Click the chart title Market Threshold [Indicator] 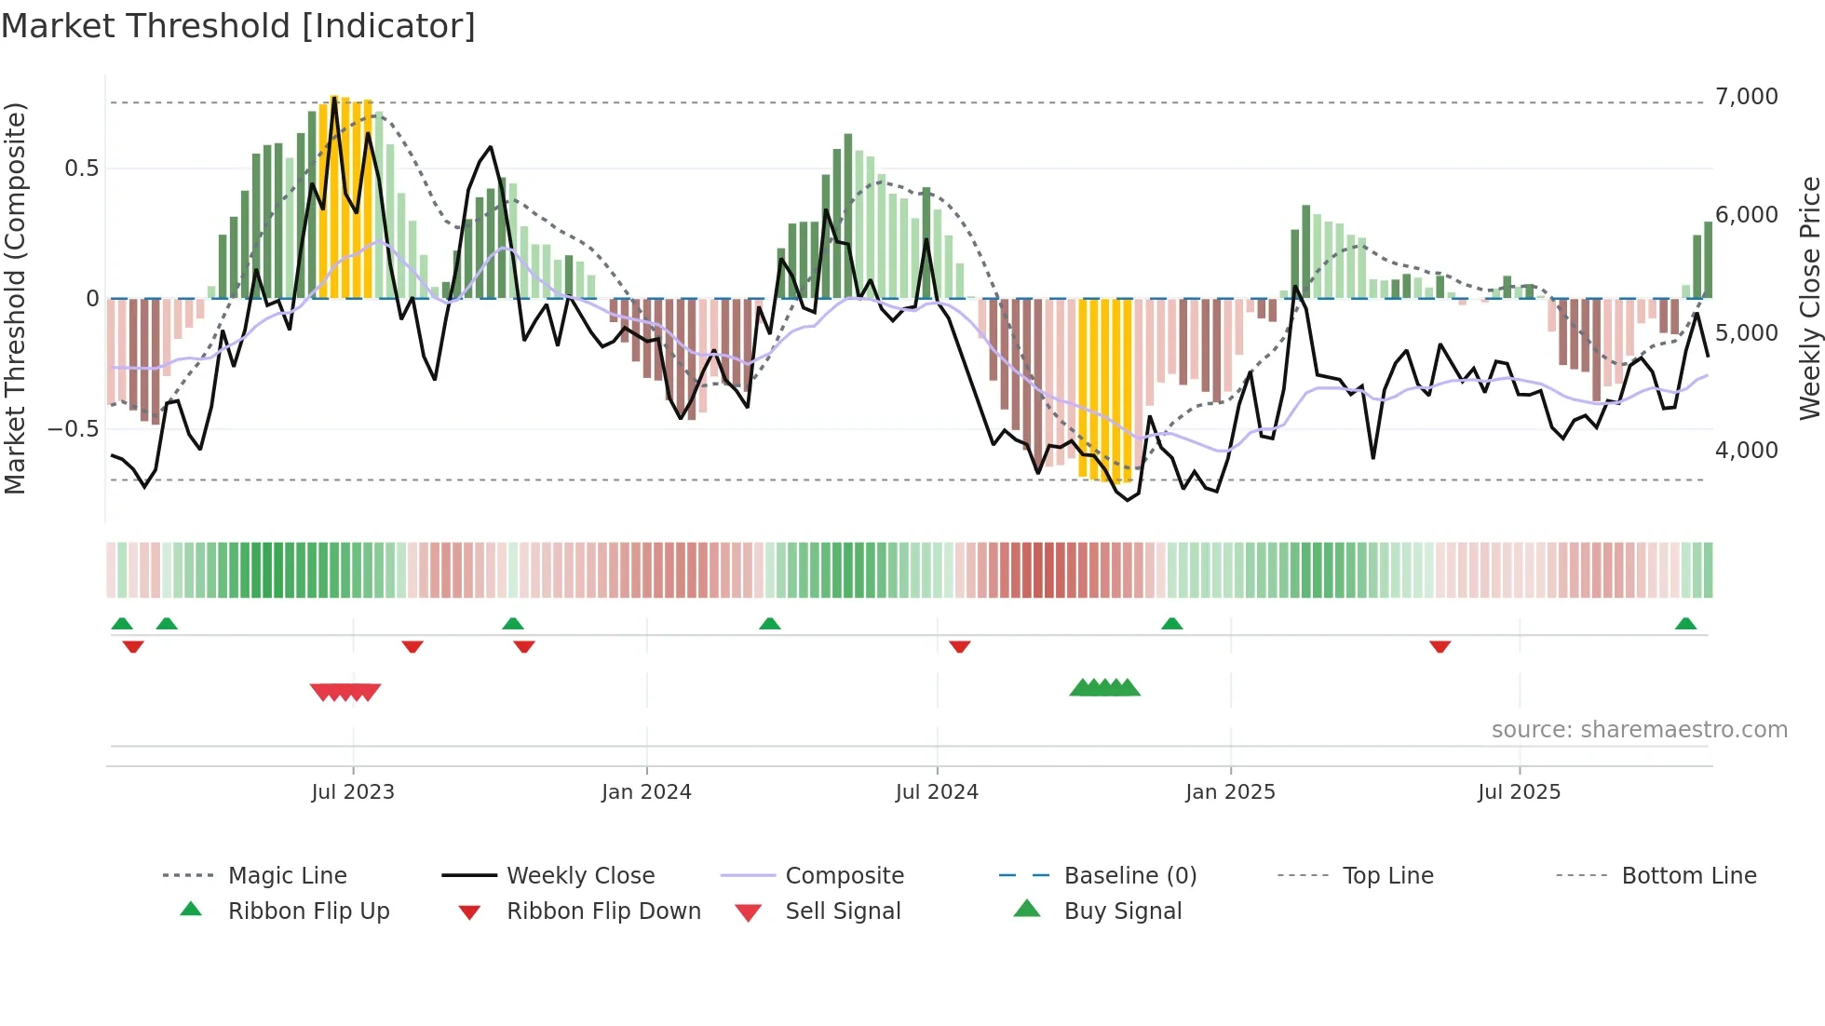pos(238,26)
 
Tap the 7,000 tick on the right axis pos(1746,97)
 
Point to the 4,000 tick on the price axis pos(1746,451)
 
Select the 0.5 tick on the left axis pos(81,169)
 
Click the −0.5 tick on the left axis pos(73,429)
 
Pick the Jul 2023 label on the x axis pos(353,792)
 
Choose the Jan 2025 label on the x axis pos(1230,792)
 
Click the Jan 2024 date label pos(646,792)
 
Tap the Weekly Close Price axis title pos(1808,298)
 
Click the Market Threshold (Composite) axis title pos(15,298)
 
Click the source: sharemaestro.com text pos(1639,730)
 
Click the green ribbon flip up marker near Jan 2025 pos(1171,624)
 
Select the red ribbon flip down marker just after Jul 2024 pos(960,646)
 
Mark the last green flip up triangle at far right pos(1685,624)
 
